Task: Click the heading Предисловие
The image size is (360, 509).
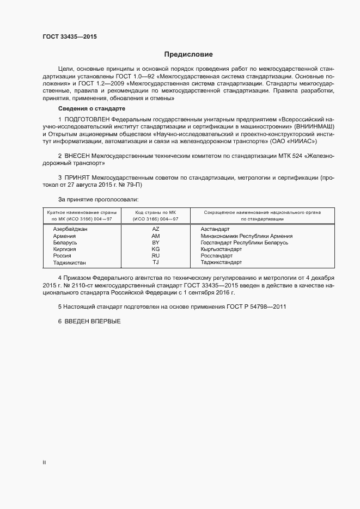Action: click(188, 54)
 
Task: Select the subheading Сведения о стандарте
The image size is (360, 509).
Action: click(91, 109)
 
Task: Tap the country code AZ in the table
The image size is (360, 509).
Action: click(156, 229)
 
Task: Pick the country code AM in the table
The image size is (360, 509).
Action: click(156, 236)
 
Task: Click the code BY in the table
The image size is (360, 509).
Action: click(156, 243)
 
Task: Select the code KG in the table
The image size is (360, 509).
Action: click(156, 249)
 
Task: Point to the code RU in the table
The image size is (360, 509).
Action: click(156, 256)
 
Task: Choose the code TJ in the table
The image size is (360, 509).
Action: click(156, 262)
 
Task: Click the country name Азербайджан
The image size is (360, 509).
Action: click(70, 229)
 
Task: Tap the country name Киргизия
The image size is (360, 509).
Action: click(64, 249)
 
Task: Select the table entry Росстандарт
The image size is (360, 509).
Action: click(216, 256)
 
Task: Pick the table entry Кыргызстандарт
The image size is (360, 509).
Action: click(221, 249)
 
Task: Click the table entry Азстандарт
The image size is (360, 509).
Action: click(215, 229)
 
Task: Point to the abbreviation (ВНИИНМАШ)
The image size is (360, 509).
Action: click(310, 126)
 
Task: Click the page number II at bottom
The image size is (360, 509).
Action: click(45, 463)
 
